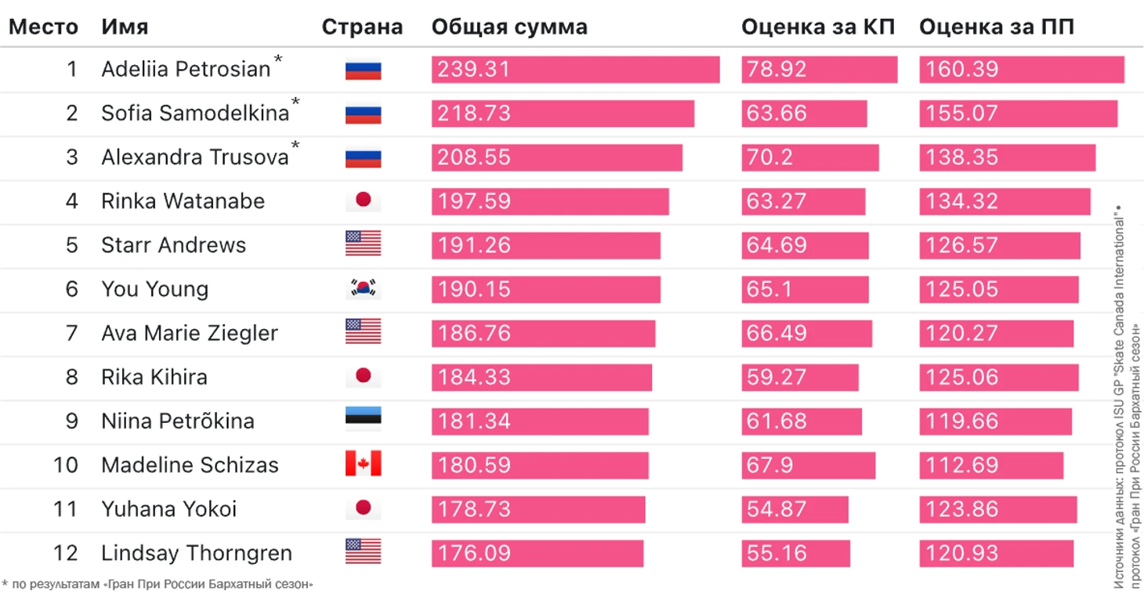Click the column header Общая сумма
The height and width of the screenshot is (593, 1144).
click(x=509, y=27)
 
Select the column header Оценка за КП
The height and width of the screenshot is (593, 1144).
click(x=818, y=27)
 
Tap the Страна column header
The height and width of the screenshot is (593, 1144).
click(x=362, y=27)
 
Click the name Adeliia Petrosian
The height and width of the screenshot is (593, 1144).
click(x=186, y=70)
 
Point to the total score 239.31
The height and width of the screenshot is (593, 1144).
click(x=473, y=70)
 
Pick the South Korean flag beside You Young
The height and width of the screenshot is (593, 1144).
click(x=363, y=289)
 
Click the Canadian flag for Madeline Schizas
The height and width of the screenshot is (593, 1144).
click(x=363, y=465)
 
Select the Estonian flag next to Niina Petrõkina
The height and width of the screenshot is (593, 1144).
click(x=363, y=421)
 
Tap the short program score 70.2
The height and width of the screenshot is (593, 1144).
click(x=770, y=157)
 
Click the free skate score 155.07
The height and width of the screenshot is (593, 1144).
click(x=962, y=114)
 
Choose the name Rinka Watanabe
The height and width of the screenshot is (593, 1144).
click(x=183, y=201)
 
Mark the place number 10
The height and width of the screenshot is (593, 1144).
click(x=66, y=465)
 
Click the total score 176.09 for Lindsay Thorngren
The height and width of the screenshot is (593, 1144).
click(x=473, y=553)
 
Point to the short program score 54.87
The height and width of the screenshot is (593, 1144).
click(x=777, y=509)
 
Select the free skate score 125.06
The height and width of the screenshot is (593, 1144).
click(x=962, y=377)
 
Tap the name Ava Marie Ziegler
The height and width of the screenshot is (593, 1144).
click(x=190, y=333)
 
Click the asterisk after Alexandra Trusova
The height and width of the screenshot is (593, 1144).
click(x=295, y=146)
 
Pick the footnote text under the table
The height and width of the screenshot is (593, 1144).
click(x=159, y=584)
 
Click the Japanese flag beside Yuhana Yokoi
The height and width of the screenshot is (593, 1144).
click(x=363, y=508)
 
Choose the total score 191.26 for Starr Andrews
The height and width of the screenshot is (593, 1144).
click(x=473, y=245)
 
